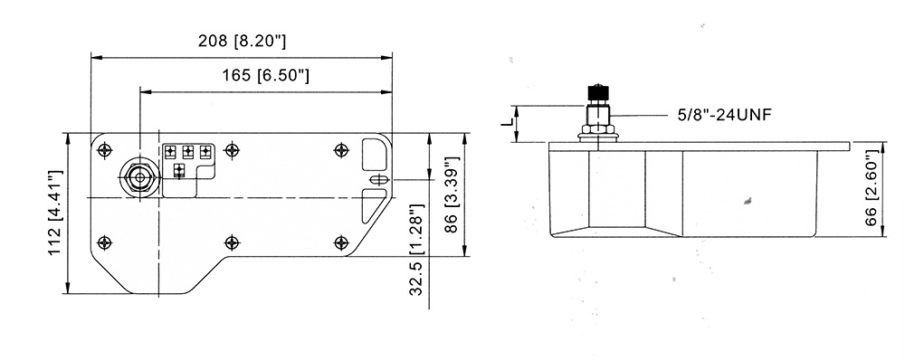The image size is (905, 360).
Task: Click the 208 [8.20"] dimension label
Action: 242,41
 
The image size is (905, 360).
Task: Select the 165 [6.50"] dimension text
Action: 265,75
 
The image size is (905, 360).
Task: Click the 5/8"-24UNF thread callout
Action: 724,115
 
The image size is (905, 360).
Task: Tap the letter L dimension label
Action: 507,123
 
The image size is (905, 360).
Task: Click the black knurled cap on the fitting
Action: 598,92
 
